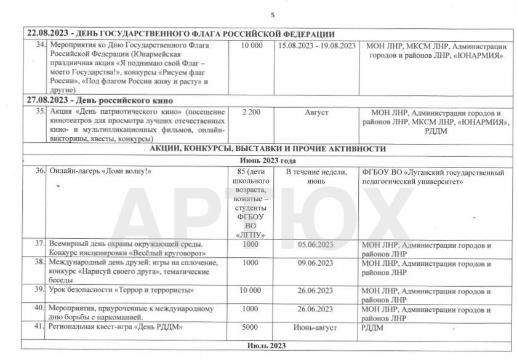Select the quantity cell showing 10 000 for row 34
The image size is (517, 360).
click(x=252, y=46)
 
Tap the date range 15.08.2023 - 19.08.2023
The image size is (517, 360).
click(x=317, y=46)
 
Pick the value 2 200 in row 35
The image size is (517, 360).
click(x=252, y=113)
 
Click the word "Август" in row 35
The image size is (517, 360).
click(x=317, y=113)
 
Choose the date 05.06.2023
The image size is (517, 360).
click(x=315, y=245)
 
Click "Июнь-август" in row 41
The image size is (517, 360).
click(x=315, y=327)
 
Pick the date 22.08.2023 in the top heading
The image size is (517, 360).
click(x=47, y=34)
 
